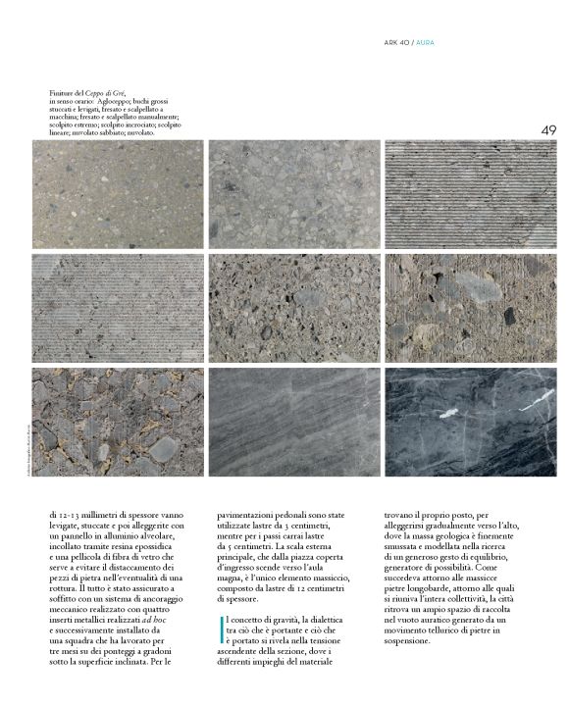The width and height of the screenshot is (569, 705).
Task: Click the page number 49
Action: pos(547,130)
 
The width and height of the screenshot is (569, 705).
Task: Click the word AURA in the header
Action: pos(430,42)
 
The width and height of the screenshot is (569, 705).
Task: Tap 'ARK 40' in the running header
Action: pos(396,42)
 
